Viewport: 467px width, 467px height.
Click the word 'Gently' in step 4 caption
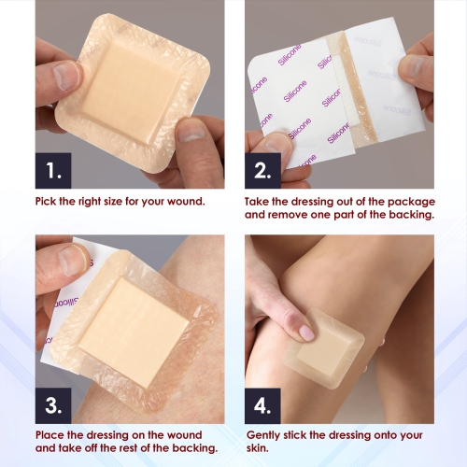[266, 435]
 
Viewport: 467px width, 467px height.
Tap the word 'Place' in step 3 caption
[54, 435]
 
